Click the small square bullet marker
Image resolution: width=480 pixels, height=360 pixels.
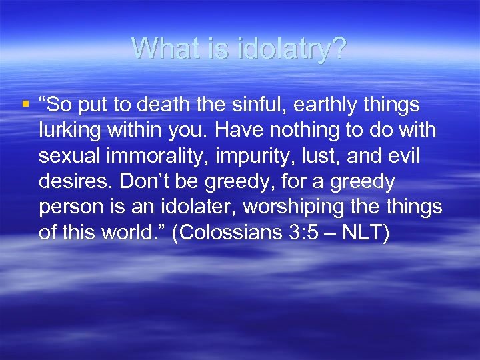[x=25, y=104]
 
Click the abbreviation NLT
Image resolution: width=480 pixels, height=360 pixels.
[x=364, y=233]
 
